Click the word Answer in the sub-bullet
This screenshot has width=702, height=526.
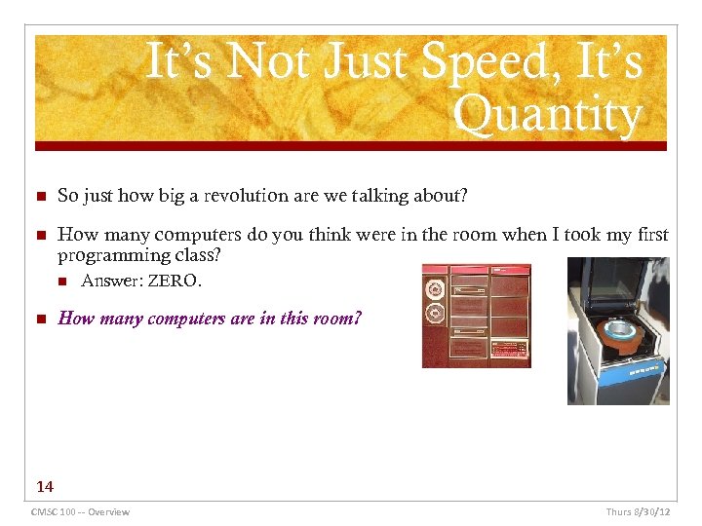click(111, 282)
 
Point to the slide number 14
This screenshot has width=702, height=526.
click(45, 486)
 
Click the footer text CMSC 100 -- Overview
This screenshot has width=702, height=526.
click(80, 511)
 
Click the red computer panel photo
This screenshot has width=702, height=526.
click(476, 316)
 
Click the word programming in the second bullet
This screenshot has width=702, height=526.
click(106, 256)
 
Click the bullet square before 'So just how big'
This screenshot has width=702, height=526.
click(40, 197)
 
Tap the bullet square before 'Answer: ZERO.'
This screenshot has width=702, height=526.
click(63, 282)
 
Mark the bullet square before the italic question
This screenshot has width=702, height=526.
click(40, 319)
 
